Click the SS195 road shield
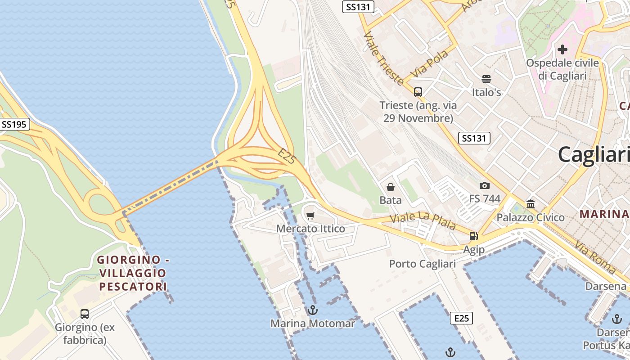coord(14,125)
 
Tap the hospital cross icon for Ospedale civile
coord(562,49)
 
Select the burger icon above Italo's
coord(486,80)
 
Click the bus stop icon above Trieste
coord(418,92)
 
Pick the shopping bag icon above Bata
coord(390,187)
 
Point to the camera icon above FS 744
coord(485,185)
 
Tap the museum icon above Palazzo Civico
coord(531,204)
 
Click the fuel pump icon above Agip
coord(473,236)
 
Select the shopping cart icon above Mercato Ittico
coord(310,216)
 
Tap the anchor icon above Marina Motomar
coord(312,310)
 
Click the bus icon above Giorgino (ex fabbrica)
coord(85,314)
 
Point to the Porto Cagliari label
coord(422,264)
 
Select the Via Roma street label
coord(595,257)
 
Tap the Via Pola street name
coord(430,63)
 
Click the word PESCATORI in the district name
coord(133,286)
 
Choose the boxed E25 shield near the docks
coord(461,319)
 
